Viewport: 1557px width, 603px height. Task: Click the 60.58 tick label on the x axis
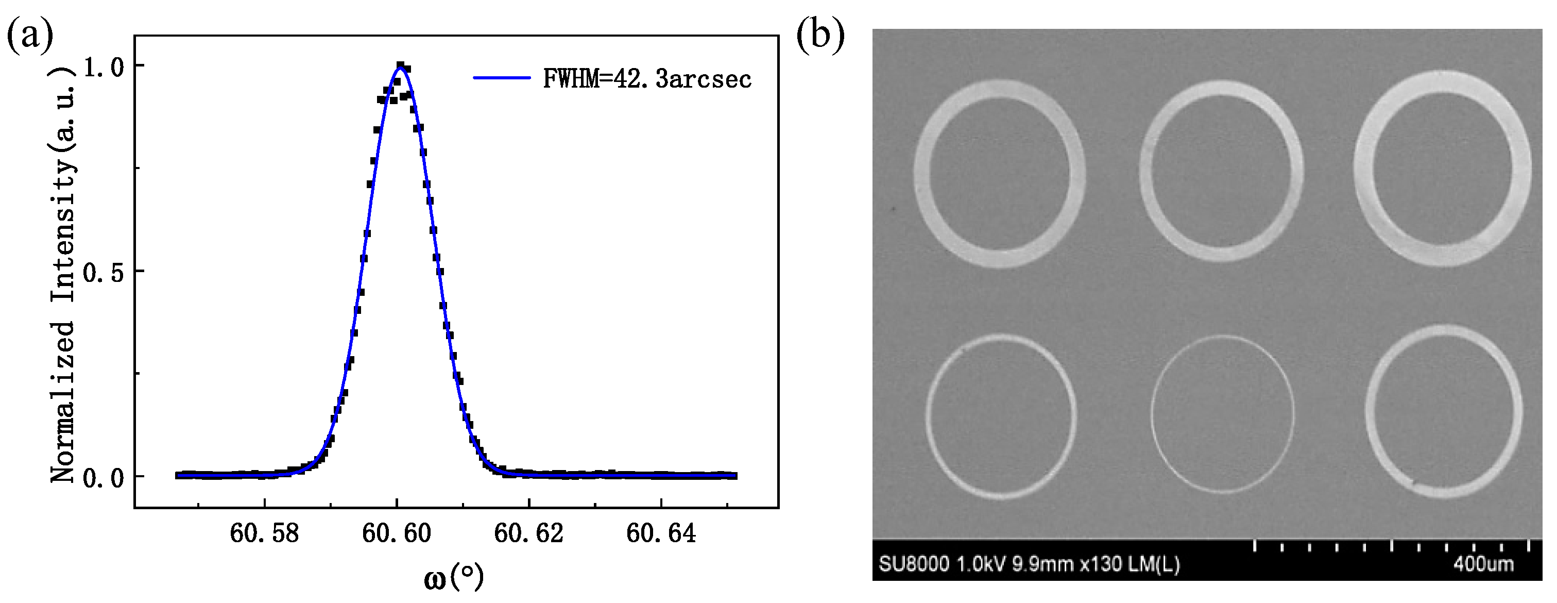(x=264, y=533)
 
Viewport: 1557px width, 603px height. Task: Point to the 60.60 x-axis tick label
(x=397, y=533)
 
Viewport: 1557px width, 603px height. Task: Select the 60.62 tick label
(x=528, y=533)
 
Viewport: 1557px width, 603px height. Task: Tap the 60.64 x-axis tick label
(x=661, y=533)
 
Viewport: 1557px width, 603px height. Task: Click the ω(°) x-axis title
(x=454, y=577)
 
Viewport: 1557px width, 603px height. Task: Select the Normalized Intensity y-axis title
(x=63, y=275)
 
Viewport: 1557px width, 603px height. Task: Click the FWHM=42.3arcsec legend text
(x=647, y=79)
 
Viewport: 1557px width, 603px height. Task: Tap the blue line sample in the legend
(x=501, y=78)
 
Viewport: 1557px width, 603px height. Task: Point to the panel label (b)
(x=819, y=35)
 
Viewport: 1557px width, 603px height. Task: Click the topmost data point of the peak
(x=400, y=65)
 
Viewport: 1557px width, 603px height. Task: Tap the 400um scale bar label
(x=1483, y=564)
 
